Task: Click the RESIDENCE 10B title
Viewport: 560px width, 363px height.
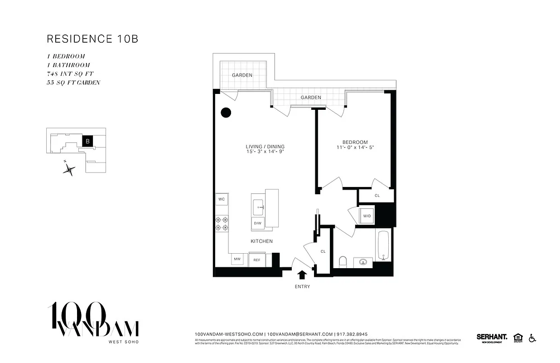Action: (92, 39)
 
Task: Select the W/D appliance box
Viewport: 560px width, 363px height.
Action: (367, 216)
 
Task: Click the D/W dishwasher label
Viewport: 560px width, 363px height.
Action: (257, 223)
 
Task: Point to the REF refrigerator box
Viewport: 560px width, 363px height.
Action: (256, 260)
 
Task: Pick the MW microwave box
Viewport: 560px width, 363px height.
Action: (237, 260)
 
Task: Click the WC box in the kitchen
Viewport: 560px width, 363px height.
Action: (222, 199)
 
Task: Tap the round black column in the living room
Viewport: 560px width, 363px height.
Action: (226, 113)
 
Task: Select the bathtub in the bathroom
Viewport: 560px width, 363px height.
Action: (383, 246)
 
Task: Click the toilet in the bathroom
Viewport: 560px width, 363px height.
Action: (343, 262)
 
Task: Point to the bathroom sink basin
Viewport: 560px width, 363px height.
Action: (362, 262)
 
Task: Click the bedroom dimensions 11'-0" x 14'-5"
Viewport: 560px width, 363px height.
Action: (355, 147)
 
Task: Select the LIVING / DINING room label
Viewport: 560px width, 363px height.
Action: (265, 147)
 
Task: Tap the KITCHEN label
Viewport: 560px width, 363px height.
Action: (262, 241)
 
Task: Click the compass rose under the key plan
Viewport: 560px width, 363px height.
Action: (69, 170)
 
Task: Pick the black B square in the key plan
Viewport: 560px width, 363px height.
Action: (88, 141)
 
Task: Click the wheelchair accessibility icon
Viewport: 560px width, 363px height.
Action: (532, 338)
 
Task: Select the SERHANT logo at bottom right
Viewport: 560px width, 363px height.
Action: (492, 337)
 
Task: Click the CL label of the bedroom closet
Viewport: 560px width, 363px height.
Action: (377, 196)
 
